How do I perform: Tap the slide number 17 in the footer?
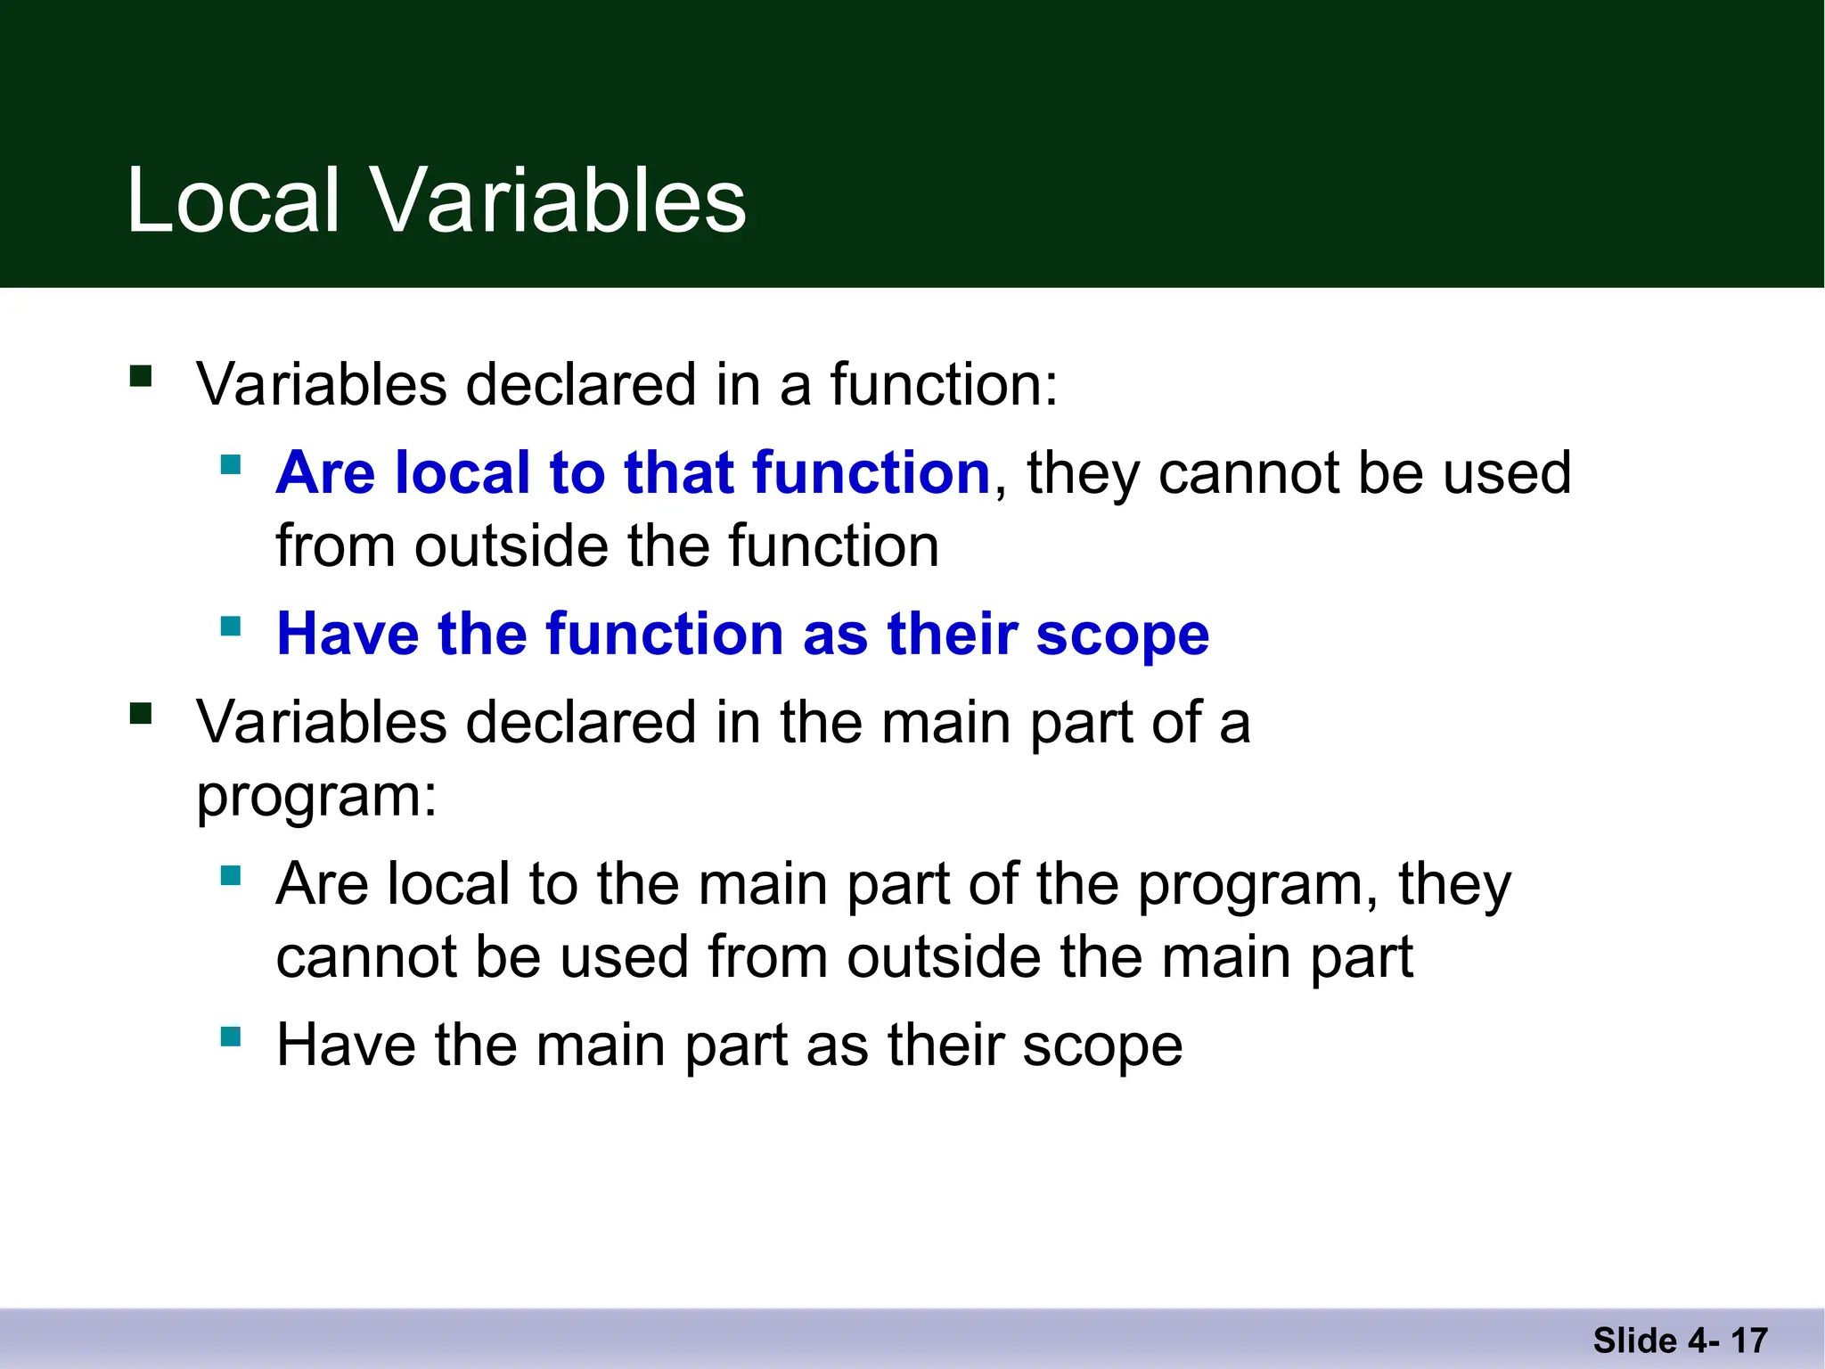pos(1749,1340)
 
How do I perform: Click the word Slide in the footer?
pos(1634,1340)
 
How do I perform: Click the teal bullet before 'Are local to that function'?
pos(231,464)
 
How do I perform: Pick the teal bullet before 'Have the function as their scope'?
pos(231,626)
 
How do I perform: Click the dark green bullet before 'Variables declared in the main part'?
pos(141,713)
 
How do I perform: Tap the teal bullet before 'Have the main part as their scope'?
pos(231,1037)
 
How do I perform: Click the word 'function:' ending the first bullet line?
pos(944,385)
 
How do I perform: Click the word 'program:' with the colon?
pos(317,795)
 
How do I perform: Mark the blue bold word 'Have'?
pos(348,635)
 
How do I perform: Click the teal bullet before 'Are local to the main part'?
pos(231,876)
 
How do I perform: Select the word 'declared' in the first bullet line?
pos(581,385)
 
